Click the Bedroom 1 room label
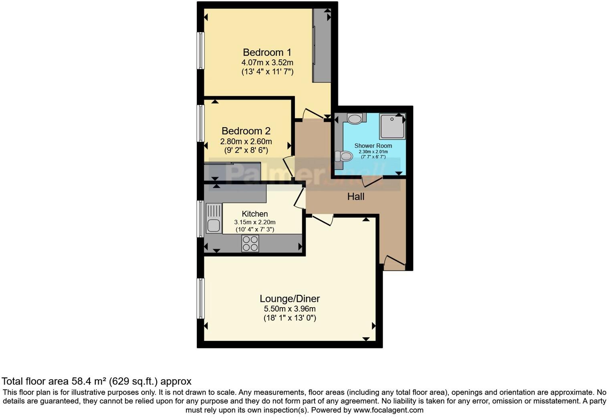coord(267,53)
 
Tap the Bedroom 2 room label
coord(246,131)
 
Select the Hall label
coord(355,196)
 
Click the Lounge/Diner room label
coord(290,299)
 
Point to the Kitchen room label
coord(255,214)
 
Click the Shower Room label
coord(373,146)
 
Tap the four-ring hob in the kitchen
coord(250,243)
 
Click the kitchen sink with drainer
coord(214,219)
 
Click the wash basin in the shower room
coord(355,119)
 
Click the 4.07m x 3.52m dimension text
coord(267,63)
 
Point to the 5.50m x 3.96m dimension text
coord(290,309)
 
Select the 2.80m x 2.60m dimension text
coord(246,142)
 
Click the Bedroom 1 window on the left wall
coord(200,51)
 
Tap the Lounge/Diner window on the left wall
coord(200,298)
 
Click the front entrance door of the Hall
coord(395,261)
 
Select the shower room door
coord(372,182)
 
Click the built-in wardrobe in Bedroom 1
coord(322,46)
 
